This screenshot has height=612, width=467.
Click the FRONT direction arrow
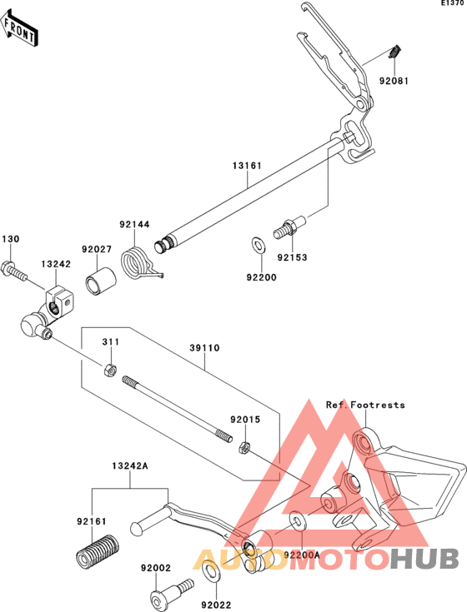(x=18, y=27)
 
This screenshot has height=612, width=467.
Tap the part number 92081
(x=394, y=82)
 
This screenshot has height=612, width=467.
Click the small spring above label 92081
(x=394, y=52)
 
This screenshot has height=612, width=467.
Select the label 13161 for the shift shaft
(x=247, y=166)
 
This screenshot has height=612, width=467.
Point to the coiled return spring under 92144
(x=137, y=264)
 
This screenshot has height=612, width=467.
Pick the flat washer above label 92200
(x=257, y=245)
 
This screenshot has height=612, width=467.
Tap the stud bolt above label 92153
(x=289, y=226)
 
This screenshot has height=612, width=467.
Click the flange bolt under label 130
(x=15, y=271)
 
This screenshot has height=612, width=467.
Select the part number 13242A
(x=130, y=465)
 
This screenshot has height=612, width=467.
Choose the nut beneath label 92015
(x=244, y=447)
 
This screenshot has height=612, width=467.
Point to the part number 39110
(x=205, y=348)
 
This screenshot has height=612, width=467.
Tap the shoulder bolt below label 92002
(x=172, y=591)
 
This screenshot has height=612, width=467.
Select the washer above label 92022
(x=211, y=571)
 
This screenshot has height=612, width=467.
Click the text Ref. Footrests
(x=366, y=406)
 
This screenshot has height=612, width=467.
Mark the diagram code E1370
(x=454, y=3)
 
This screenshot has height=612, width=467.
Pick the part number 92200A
(x=302, y=555)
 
